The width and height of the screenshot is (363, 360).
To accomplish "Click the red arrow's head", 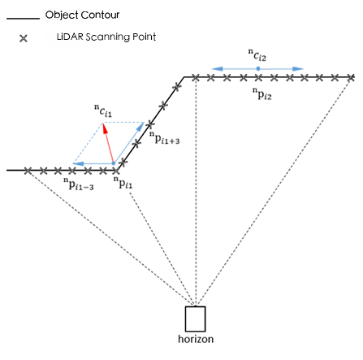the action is (105, 128).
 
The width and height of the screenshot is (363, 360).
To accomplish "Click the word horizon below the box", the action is (196, 339).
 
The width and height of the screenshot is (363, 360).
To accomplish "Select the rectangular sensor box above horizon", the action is (195, 319).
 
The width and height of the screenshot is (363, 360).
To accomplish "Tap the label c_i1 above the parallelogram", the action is (103, 111).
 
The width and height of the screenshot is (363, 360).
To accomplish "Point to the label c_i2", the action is (257, 54).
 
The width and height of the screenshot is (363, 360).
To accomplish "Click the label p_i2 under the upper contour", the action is (262, 93).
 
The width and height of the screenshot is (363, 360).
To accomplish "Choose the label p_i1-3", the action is (79, 184).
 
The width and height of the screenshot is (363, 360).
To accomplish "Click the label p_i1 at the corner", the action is (123, 182).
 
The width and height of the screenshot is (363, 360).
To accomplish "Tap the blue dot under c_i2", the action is (258, 69).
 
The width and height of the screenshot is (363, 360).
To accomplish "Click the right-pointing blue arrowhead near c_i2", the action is (298, 69).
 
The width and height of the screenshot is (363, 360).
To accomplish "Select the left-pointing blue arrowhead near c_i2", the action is (218, 69).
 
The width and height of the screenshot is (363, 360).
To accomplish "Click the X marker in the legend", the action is (24, 38).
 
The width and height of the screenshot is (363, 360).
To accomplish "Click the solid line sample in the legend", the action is (23, 19).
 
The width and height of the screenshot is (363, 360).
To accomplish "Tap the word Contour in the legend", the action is (100, 15).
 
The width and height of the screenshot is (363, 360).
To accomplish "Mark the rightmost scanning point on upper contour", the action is (351, 78).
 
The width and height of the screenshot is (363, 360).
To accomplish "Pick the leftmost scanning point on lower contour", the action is (28, 171).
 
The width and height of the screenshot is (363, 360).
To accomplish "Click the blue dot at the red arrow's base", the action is (114, 163).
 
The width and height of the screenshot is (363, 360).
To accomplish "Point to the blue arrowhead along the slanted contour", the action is (140, 127).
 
